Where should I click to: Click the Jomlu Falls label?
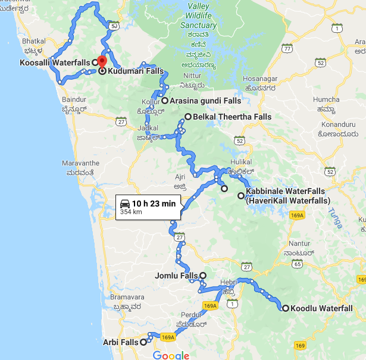(176, 276)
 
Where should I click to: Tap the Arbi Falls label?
(123, 342)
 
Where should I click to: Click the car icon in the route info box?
(125, 203)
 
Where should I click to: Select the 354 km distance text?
(131, 211)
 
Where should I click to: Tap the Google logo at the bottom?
(171, 355)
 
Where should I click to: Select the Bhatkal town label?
(33, 42)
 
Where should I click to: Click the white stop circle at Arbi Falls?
(143, 342)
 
